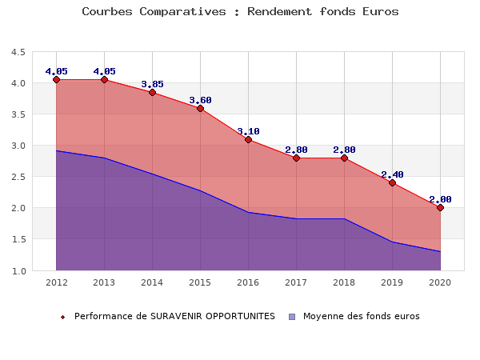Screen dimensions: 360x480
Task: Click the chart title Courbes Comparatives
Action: click(x=240, y=12)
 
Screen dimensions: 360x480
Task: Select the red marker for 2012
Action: click(x=57, y=79)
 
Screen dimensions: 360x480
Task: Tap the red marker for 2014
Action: click(x=152, y=93)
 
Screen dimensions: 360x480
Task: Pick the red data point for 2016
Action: click(x=248, y=140)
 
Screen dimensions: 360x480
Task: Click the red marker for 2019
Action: click(x=392, y=182)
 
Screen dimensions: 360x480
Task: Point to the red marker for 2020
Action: click(x=440, y=207)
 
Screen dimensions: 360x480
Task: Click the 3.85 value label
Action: click(x=152, y=84)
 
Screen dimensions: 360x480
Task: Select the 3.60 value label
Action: click(x=200, y=100)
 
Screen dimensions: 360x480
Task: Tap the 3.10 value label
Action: click(x=248, y=131)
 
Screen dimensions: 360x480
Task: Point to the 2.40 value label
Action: click(x=392, y=174)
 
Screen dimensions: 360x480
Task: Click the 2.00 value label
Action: click(x=440, y=199)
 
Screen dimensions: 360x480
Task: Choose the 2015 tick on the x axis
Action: click(x=200, y=282)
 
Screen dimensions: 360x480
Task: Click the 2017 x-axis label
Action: click(x=296, y=282)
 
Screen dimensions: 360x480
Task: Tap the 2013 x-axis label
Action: click(x=104, y=282)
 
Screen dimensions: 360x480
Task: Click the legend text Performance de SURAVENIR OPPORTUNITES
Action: click(x=174, y=316)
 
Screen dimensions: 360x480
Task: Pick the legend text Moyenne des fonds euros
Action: click(x=361, y=316)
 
